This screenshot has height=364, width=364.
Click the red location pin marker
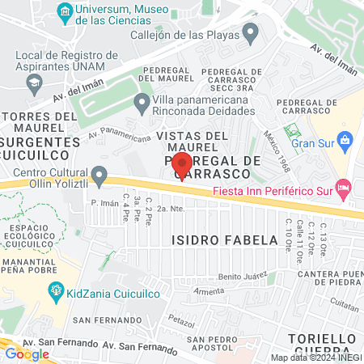(182, 164)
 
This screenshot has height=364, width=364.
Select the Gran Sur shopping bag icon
(345, 141)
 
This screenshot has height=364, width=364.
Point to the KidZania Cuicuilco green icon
(56, 290)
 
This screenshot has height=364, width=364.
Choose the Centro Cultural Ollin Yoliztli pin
(99, 174)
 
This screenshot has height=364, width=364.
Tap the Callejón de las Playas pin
(250, 34)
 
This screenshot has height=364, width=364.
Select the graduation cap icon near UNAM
(35, 82)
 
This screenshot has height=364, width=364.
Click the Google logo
(26, 353)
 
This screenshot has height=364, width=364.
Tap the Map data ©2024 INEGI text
(315, 358)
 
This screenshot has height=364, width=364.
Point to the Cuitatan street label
(344, 308)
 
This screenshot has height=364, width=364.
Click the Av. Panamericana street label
(120, 133)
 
